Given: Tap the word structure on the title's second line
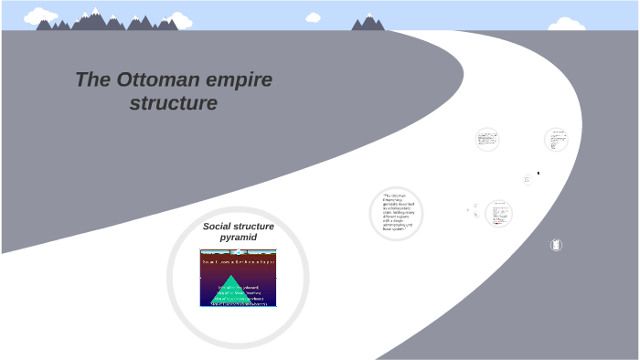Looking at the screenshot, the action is pos(174,103).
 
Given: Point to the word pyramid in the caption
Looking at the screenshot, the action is pos(239,238).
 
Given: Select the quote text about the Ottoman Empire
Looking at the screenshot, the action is pos(397,213).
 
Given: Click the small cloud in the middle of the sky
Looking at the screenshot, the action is pos(314,16).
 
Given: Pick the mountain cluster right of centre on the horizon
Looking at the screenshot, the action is pos(368,23).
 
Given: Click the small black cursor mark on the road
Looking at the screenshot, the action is pos(538,173).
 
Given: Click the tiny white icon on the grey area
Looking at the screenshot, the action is pos(556,244).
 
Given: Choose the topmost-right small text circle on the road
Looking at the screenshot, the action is pos(556,140).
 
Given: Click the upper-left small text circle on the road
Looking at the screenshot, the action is pos(487,140).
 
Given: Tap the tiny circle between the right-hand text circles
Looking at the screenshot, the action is pos(527,180).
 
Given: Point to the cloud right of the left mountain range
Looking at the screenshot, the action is pos(179,21).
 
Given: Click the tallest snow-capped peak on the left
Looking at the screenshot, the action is pos(95,16).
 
